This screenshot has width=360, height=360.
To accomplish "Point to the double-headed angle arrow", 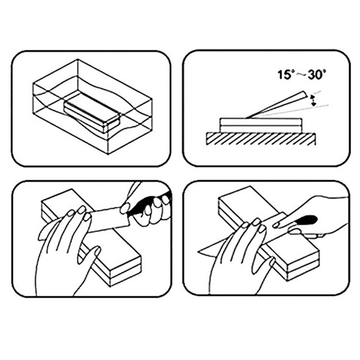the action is pyautogui.click(x=313, y=100).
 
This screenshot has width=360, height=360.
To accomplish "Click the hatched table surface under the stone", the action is pyautogui.click(x=261, y=139).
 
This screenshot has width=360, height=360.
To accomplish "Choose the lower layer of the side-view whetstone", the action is pyautogui.click(x=261, y=129).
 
